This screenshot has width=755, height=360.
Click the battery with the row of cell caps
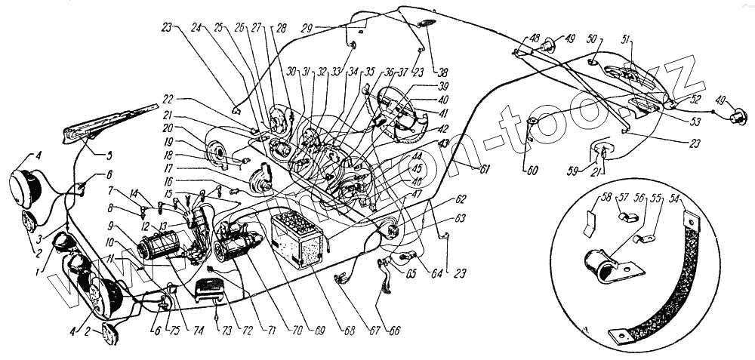click(300, 238)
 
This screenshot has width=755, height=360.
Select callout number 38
click(443, 73)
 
